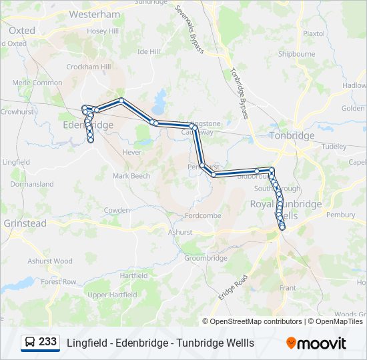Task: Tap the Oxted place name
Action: click(22, 31)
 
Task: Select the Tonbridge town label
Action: click(292, 135)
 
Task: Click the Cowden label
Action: click(117, 210)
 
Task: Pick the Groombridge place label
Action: click(206, 258)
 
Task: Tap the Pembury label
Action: click(340, 215)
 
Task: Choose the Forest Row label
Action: click(59, 282)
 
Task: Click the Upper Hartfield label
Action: click(107, 295)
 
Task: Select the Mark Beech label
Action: click(131, 176)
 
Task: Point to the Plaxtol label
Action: click(314, 33)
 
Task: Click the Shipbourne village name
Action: click(296, 54)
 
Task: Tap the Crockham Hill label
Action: click(88, 67)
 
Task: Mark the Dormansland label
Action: click(27, 184)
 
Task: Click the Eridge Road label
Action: click(233, 287)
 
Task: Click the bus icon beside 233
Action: click(30, 343)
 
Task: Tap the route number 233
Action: click(47, 342)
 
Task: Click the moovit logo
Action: click(316, 343)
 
